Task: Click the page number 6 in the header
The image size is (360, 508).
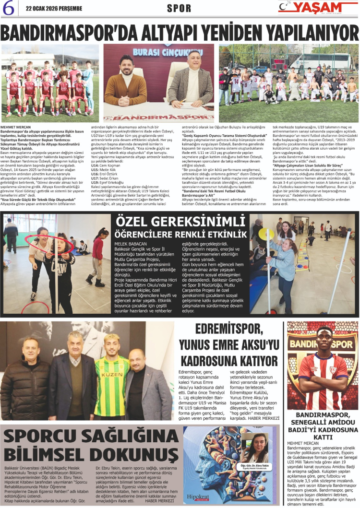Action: click(x=8, y=8)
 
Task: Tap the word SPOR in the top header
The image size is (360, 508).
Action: click(x=179, y=9)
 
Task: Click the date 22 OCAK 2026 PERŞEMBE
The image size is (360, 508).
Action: click(x=54, y=9)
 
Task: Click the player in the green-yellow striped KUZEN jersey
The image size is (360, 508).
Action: click(x=111, y=374)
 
